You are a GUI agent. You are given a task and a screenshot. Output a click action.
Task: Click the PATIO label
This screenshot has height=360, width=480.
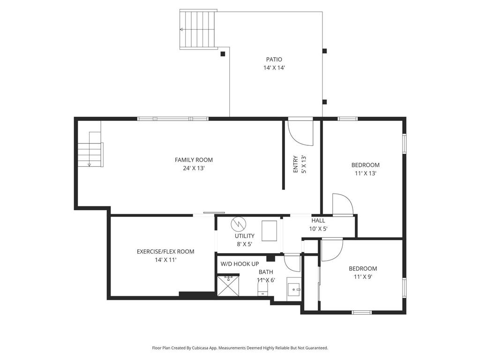(x=274, y=60)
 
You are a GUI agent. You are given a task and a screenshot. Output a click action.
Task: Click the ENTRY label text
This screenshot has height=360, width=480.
(x=296, y=164)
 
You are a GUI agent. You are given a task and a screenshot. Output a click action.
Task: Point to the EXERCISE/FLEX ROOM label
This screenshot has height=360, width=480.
(x=165, y=252)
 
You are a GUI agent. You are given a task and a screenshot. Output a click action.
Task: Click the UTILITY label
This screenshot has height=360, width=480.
(x=245, y=236)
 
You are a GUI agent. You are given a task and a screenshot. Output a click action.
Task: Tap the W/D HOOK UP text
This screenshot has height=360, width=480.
(x=240, y=264)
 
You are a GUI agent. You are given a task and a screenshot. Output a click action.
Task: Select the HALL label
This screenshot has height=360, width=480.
(x=318, y=221)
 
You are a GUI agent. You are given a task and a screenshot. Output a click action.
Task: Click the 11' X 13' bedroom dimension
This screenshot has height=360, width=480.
(x=366, y=173)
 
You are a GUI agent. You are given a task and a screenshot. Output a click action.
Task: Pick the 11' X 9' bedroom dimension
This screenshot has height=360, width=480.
(x=363, y=277)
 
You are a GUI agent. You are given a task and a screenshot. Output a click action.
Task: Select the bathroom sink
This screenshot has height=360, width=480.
(x=294, y=288)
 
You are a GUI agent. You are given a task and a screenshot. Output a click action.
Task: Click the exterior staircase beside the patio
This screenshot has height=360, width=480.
(x=198, y=30)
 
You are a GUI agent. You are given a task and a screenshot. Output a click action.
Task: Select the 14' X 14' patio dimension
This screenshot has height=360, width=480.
(x=274, y=68)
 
